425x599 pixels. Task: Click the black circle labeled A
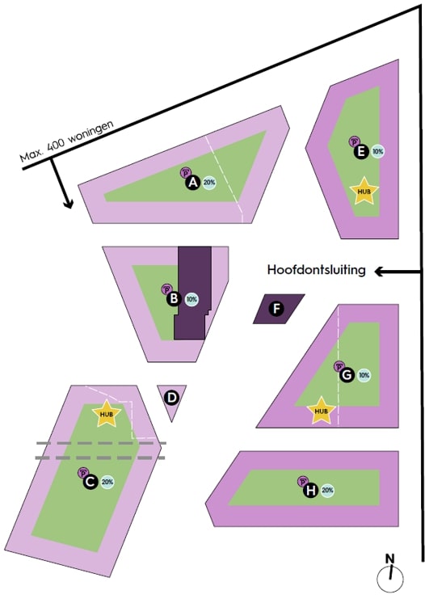pyautogui.click(x=193, y=182)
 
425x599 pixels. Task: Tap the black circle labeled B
pyautogui.click(x=174, y=298)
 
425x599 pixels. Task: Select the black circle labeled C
pyautogui.click(x=90, y=482)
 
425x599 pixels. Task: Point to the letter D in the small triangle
pyautogui.click(x=172, y=398)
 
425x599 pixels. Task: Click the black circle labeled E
pyautogui.click(x=361, y=152)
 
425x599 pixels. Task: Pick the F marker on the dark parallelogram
pyautogui.click(x=276, y=309)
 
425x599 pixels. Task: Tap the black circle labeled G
pyautogui.click(x=347, y=375)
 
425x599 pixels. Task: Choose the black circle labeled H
pyautogui.click(x=311, y=490)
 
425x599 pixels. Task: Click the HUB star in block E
pyautogui.click(x=364, y=191)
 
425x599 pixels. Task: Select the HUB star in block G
pyautogui.click(x=321, y=411)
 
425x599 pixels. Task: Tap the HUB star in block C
pyautogui.click(x=107, y=414)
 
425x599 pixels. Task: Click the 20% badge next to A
pyautogui.click(x=209, y=183)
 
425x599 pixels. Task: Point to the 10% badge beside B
pyautogui.click(x=191, y=299)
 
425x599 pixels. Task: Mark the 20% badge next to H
pyautogui.click(x=327, y=490)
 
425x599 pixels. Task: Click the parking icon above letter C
pyautogui.click(x=82, y=473)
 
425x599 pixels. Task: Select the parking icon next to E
pyautogui.click(x=354, y=141)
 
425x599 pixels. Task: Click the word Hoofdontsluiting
pyautogui.click(x=316, y=270)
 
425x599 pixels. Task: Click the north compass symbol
pyautogui.click(x=390, y=576)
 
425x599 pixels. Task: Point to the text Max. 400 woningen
pyautogui.click(x=67, y=141)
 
